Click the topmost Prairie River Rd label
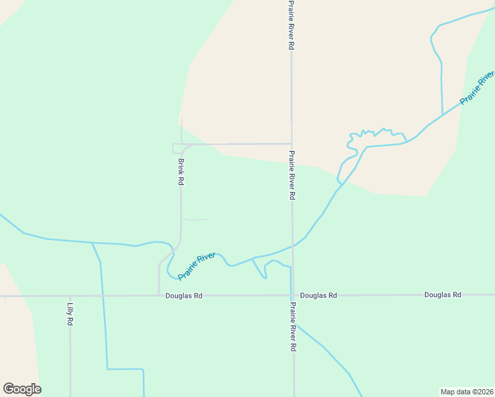pos(291,25)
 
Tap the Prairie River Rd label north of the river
pos(291,175)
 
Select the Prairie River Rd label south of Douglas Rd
pos(292,327)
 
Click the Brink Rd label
pos(180,171)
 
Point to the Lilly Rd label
pos(69,314)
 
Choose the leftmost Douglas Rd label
pos(184,296)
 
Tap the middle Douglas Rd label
pos(318,295)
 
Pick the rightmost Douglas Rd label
pos(443,294)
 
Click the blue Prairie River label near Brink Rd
pos(197,265)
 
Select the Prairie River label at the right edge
pos(478,87)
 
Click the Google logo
pos(22,389)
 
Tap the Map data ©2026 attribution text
pos(467,391)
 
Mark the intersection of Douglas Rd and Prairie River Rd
pos(292,295)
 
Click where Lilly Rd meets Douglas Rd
pos(70,296)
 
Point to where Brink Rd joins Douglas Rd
pos(159,295)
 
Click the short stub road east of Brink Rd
pos(195,219)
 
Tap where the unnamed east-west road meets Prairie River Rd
pos(292,144)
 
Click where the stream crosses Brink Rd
pos(176,248)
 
